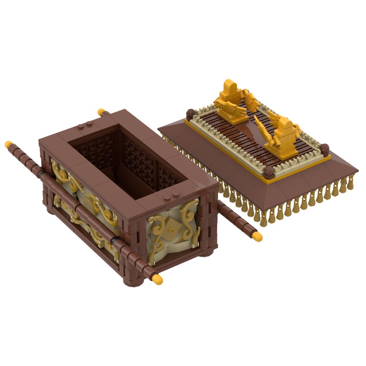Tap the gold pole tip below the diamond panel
157,280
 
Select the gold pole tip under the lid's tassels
257,237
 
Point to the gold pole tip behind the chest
101,112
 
